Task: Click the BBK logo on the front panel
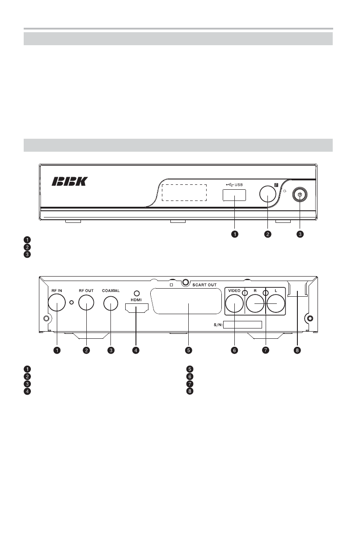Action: (x=70, y=181)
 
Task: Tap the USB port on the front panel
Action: (x=234, y=195)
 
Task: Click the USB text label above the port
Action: (x=239, y=184)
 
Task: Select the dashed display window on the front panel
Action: (x=184, y=192)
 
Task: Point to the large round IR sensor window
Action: (x=268, y=193)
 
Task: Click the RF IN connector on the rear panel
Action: (x=57, y=302)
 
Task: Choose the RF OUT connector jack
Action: (x=86, y=302)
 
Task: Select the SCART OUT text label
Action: (x=204, y=285)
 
